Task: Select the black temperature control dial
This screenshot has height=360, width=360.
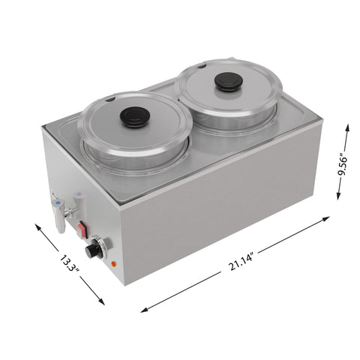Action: tap(93, 250)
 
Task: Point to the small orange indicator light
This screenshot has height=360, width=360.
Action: tap(113, 264)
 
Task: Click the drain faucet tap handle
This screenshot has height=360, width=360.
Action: tap(58, 220)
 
